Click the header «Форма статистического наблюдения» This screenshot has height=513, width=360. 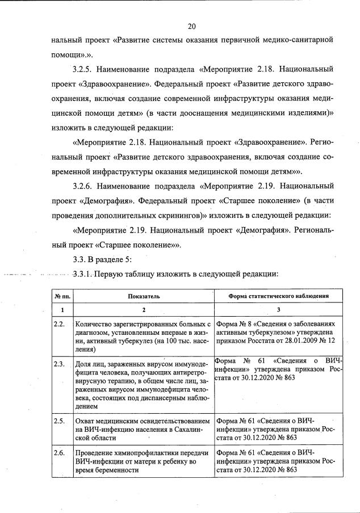[x=278, y=296]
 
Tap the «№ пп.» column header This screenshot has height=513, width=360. [x=62, y=296]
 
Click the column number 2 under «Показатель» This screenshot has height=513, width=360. [x=144, y=310]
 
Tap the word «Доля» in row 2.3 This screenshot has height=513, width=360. [x=83, y=362]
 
